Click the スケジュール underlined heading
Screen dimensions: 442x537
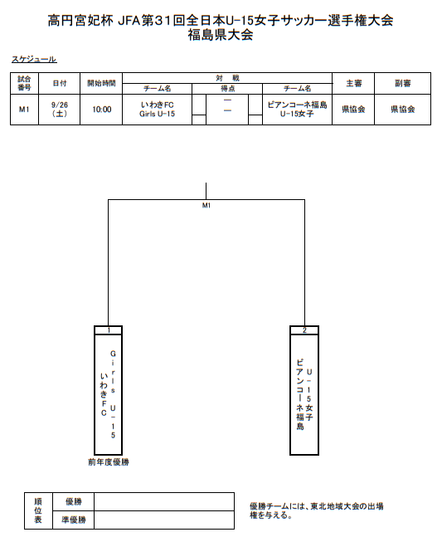coord(34,59)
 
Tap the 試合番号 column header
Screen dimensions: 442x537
coord(24,83)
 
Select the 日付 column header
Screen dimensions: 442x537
coord(60,83)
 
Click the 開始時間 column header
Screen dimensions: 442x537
coord(101,83)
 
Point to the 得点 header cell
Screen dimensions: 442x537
coord(227,89)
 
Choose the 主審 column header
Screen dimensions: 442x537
coord(353,83)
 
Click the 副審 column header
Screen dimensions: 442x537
coord(403,83)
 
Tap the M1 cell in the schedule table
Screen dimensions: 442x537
coord(24,110)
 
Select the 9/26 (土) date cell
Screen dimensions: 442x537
coord(60,110)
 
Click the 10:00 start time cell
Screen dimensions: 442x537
coord(102,110)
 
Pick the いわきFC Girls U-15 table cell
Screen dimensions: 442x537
coord(157,110)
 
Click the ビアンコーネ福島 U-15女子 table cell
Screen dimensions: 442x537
coord(297,110)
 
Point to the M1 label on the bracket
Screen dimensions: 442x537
coord(206,206)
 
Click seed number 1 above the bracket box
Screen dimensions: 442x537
coord(109,330)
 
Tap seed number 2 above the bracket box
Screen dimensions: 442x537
coord(304,330)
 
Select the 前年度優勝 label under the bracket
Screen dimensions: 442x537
coord(109,462)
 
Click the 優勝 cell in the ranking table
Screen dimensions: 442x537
coord(74,501)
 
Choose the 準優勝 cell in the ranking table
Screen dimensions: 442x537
coord(74,520)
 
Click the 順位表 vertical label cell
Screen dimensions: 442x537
coord(38,510)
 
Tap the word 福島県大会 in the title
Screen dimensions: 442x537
coord(221,35)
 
